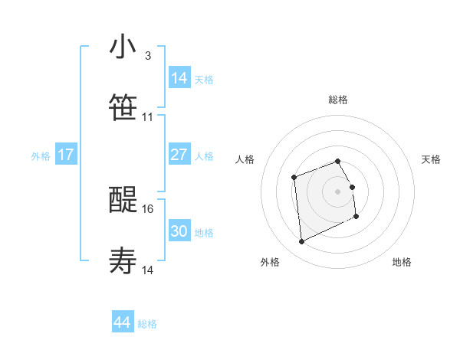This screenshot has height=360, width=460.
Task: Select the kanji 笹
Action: coord(123,108)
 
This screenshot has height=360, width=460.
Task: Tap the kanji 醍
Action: coord(123,201)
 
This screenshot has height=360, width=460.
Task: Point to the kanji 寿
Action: coord(123,262)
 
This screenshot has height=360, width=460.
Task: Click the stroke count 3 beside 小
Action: coord(147,56)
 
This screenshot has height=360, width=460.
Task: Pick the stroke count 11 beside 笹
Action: coord(148,117)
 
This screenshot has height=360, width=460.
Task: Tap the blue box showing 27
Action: coord(179,155)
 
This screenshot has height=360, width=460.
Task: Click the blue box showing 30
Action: coord(179,231)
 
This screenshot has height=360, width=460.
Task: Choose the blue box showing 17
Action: coord(66,155)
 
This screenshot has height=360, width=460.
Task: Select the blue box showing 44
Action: coord(122,322)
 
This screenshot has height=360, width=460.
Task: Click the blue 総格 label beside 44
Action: coord(147,324)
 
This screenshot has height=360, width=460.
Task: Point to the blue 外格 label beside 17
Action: coord(41,156)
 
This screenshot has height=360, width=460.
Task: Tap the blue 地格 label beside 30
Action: coord(204,233)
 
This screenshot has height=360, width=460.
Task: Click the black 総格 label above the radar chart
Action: coord(338,100)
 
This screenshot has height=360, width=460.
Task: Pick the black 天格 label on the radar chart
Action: coord(432,159)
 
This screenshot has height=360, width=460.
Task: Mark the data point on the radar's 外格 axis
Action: coord(301,242)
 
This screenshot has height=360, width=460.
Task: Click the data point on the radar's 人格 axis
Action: coord(294,178)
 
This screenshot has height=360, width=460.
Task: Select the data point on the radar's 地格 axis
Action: coord(356,217)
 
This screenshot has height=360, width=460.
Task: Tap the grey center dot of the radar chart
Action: coord(337,191)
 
